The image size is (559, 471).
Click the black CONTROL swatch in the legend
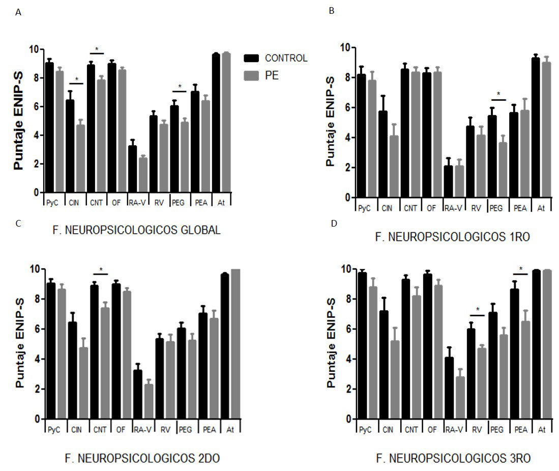251,58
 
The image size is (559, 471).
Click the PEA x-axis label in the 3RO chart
519,430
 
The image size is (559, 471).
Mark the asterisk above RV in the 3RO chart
478,310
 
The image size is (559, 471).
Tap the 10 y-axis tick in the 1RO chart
346,47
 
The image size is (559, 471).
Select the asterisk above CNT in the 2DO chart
101,270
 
